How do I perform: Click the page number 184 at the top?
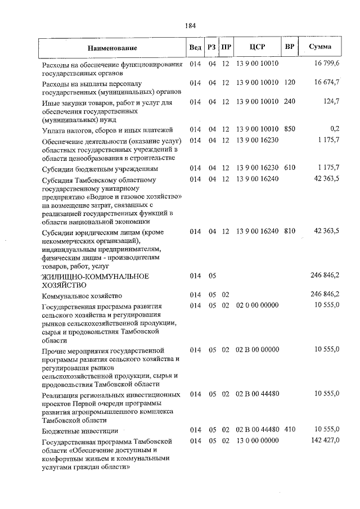pos(190,25)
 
